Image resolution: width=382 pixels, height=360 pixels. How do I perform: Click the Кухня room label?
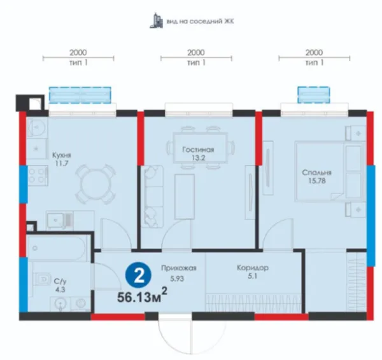pos(62,155)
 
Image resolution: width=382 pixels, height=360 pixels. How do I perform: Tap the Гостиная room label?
pos(198,149)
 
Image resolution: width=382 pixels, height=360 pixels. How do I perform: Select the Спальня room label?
pos(316,172)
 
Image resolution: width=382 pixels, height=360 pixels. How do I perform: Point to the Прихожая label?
pos(178,268)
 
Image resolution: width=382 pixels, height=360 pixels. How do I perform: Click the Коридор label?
pos(253,268)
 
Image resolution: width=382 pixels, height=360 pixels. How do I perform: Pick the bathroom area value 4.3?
pos(60,290)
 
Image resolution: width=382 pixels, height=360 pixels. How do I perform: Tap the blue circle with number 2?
pos(138,275)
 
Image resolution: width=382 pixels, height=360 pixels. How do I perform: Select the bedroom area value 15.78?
pos(317,181)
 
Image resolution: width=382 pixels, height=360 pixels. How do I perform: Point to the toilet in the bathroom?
pos(43,279)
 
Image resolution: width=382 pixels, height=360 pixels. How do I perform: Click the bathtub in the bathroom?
pos(57,248)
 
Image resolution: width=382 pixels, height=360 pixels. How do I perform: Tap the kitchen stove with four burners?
pos(38,176)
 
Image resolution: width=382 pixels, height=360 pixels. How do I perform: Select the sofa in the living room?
pos(153,197)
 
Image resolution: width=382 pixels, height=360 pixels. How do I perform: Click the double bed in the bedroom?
pos(330,172)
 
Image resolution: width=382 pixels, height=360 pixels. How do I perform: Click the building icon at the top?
pos(156,21)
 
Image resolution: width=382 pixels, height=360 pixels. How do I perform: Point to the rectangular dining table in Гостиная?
pos(201,148)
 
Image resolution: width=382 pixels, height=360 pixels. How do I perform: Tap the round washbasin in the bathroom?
pos(59,303)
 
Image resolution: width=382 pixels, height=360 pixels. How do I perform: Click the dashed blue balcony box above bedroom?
pos(313,95)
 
